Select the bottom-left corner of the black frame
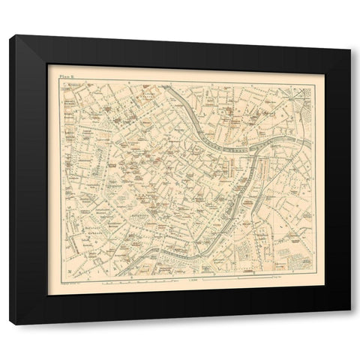click(9, 323)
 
